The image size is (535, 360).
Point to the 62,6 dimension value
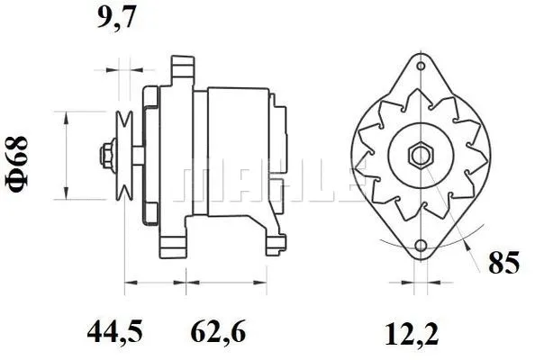tap(216, 334)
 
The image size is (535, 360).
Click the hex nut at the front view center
tap(421, 154)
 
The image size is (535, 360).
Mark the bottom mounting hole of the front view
tap(421, 246)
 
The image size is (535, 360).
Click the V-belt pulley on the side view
tap(126, 154)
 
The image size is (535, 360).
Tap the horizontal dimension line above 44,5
tap(154, 283)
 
